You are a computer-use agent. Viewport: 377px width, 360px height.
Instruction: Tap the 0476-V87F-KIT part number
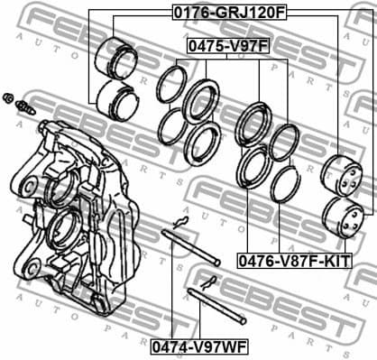click(x=295, y=261)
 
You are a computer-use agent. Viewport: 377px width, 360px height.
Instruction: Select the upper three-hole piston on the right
click(x=345, y=175)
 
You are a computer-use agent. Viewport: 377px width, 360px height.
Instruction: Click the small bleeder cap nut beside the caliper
click(x=8, y=97)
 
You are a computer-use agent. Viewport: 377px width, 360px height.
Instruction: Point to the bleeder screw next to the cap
click(x=25, y=107)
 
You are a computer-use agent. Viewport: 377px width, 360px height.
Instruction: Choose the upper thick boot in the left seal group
click(x=201, y=100)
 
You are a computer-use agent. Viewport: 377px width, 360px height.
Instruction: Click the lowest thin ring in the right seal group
click(x=286, y=184)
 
